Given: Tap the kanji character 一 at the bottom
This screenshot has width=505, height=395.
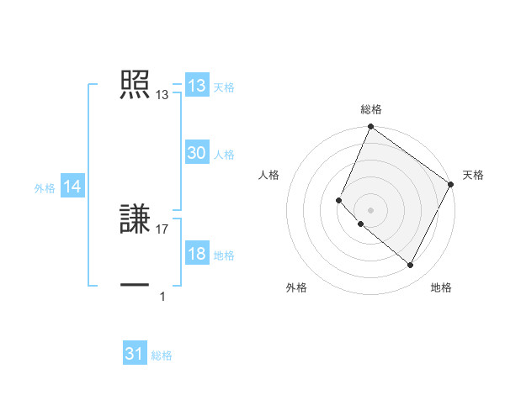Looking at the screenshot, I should click(136, 286).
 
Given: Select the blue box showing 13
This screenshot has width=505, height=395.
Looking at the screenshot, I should click(197, 86).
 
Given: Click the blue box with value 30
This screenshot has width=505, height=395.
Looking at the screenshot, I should click(197, 153).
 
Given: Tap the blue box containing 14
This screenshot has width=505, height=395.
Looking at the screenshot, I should click(72, 187).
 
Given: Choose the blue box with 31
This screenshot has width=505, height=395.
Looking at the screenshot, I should click(135, 354).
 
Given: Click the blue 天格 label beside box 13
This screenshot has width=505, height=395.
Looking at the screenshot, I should click(224, 87).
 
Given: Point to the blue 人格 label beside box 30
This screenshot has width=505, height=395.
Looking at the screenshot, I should click(224, 155).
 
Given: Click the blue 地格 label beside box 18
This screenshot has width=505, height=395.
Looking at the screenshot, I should click(224, 255).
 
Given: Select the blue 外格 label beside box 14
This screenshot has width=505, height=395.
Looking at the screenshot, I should click(45, 188).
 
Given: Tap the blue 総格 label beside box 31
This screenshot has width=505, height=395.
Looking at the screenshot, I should click(162, 355).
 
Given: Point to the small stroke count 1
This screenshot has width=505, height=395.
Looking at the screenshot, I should click(162, 296).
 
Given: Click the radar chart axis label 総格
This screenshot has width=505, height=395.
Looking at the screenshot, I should click(371, 109).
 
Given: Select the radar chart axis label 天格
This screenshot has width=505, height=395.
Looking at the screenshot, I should click(474, 175).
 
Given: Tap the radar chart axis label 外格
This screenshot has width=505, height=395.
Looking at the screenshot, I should click(296, 288).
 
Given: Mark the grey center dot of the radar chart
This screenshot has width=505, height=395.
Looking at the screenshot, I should click(370, 210).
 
